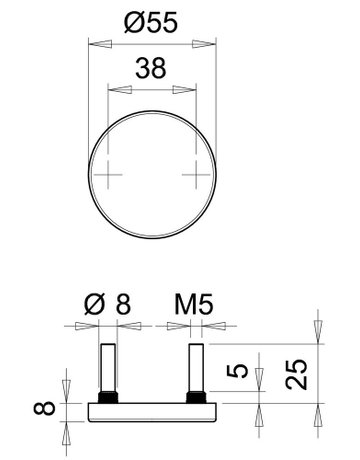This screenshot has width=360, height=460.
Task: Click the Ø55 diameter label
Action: pyautogui.click(x=151, y=23)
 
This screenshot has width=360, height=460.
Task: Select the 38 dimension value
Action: pyautogui.click(x=151, y=68)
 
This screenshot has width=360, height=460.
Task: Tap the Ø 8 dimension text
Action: pyautogui.click(x=107, y=304)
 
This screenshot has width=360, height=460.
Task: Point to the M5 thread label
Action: pyautogui.click(x=194, y=304)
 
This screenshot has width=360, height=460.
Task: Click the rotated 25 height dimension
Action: pyautogui.click(x=296, y=374)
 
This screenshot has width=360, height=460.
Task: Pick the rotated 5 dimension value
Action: pyautogui.click(x=237, y=371)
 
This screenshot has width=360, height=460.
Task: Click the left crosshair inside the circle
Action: pyautogui.click(x=108, y=174)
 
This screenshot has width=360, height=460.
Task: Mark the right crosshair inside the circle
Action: pyautogui.click(x=196, y=174)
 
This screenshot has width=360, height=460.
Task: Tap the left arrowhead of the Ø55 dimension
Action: pyautogui.click(x=100, y=44)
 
